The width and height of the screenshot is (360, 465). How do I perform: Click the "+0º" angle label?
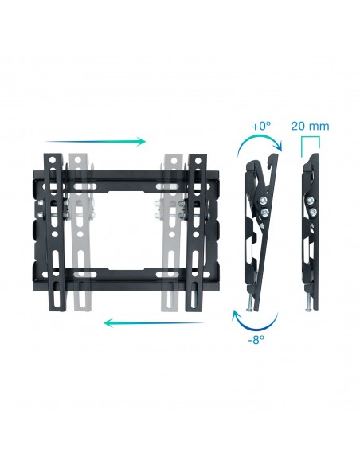[x=262, y=126]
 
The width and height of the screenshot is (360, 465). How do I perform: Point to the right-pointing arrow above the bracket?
[x=96, y=142]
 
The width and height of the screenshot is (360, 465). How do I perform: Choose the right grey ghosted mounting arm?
[x=170, y=231]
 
